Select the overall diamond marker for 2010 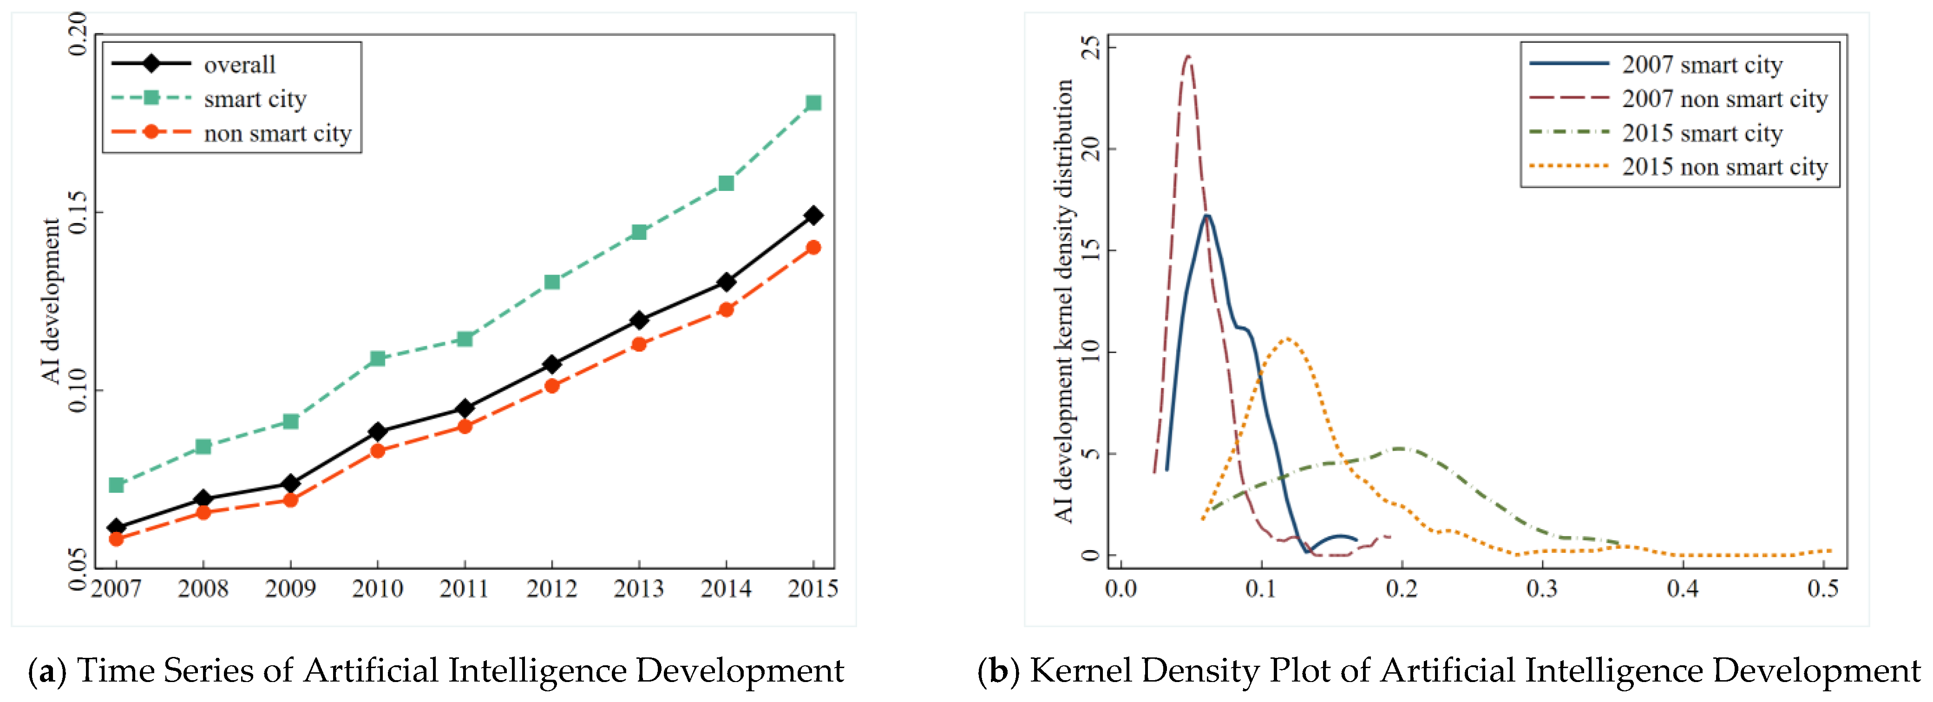377,432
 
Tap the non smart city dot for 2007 116,539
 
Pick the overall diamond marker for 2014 726,282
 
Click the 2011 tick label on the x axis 465,589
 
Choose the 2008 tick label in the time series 203,589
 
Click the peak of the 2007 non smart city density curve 1188,56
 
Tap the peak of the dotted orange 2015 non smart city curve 1288,339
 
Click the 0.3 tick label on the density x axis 1542,589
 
